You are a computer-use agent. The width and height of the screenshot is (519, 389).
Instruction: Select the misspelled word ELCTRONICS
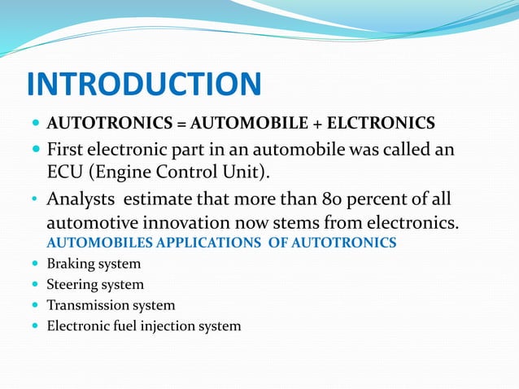pos(383,124)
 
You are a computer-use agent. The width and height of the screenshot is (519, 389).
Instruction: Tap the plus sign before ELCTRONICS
pos(322,124)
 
